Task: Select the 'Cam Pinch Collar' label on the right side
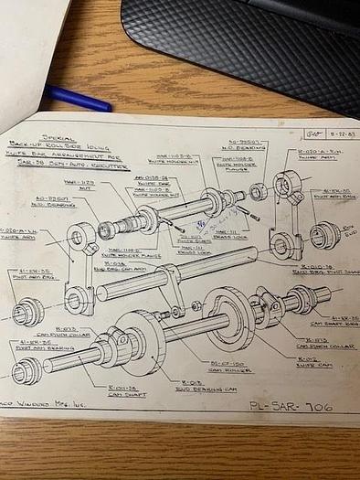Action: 314,341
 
